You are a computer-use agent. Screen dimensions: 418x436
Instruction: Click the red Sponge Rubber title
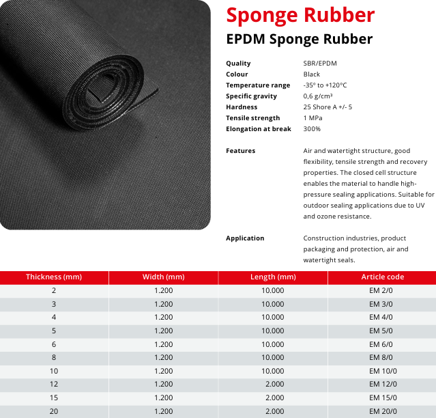click(300, 14)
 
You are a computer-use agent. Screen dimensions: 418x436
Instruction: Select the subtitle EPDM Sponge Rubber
click(300, 39)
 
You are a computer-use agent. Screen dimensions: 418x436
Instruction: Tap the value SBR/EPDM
click(320, 64)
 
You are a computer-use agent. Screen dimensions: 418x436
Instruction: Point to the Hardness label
click(242, 107)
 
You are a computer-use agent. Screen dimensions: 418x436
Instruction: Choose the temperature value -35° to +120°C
click(325, 85)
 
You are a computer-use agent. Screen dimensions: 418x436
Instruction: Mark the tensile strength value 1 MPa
click(315, 118)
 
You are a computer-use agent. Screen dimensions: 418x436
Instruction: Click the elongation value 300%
click(312, 129)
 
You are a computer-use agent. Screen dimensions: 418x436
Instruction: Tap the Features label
click(240, 151)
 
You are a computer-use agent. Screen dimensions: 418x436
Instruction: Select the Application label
click(245, 238)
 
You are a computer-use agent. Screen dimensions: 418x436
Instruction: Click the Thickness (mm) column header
click(54, 277)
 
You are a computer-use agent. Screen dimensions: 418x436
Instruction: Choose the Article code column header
click(382, 277)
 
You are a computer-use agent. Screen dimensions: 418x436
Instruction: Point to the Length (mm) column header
click(273, 277)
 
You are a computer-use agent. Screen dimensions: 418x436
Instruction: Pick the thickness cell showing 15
click(54, 398)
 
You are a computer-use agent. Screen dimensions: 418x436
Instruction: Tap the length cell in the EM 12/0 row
click(274, 384)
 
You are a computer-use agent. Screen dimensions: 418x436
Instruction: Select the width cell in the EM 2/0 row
click(163, 291)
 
